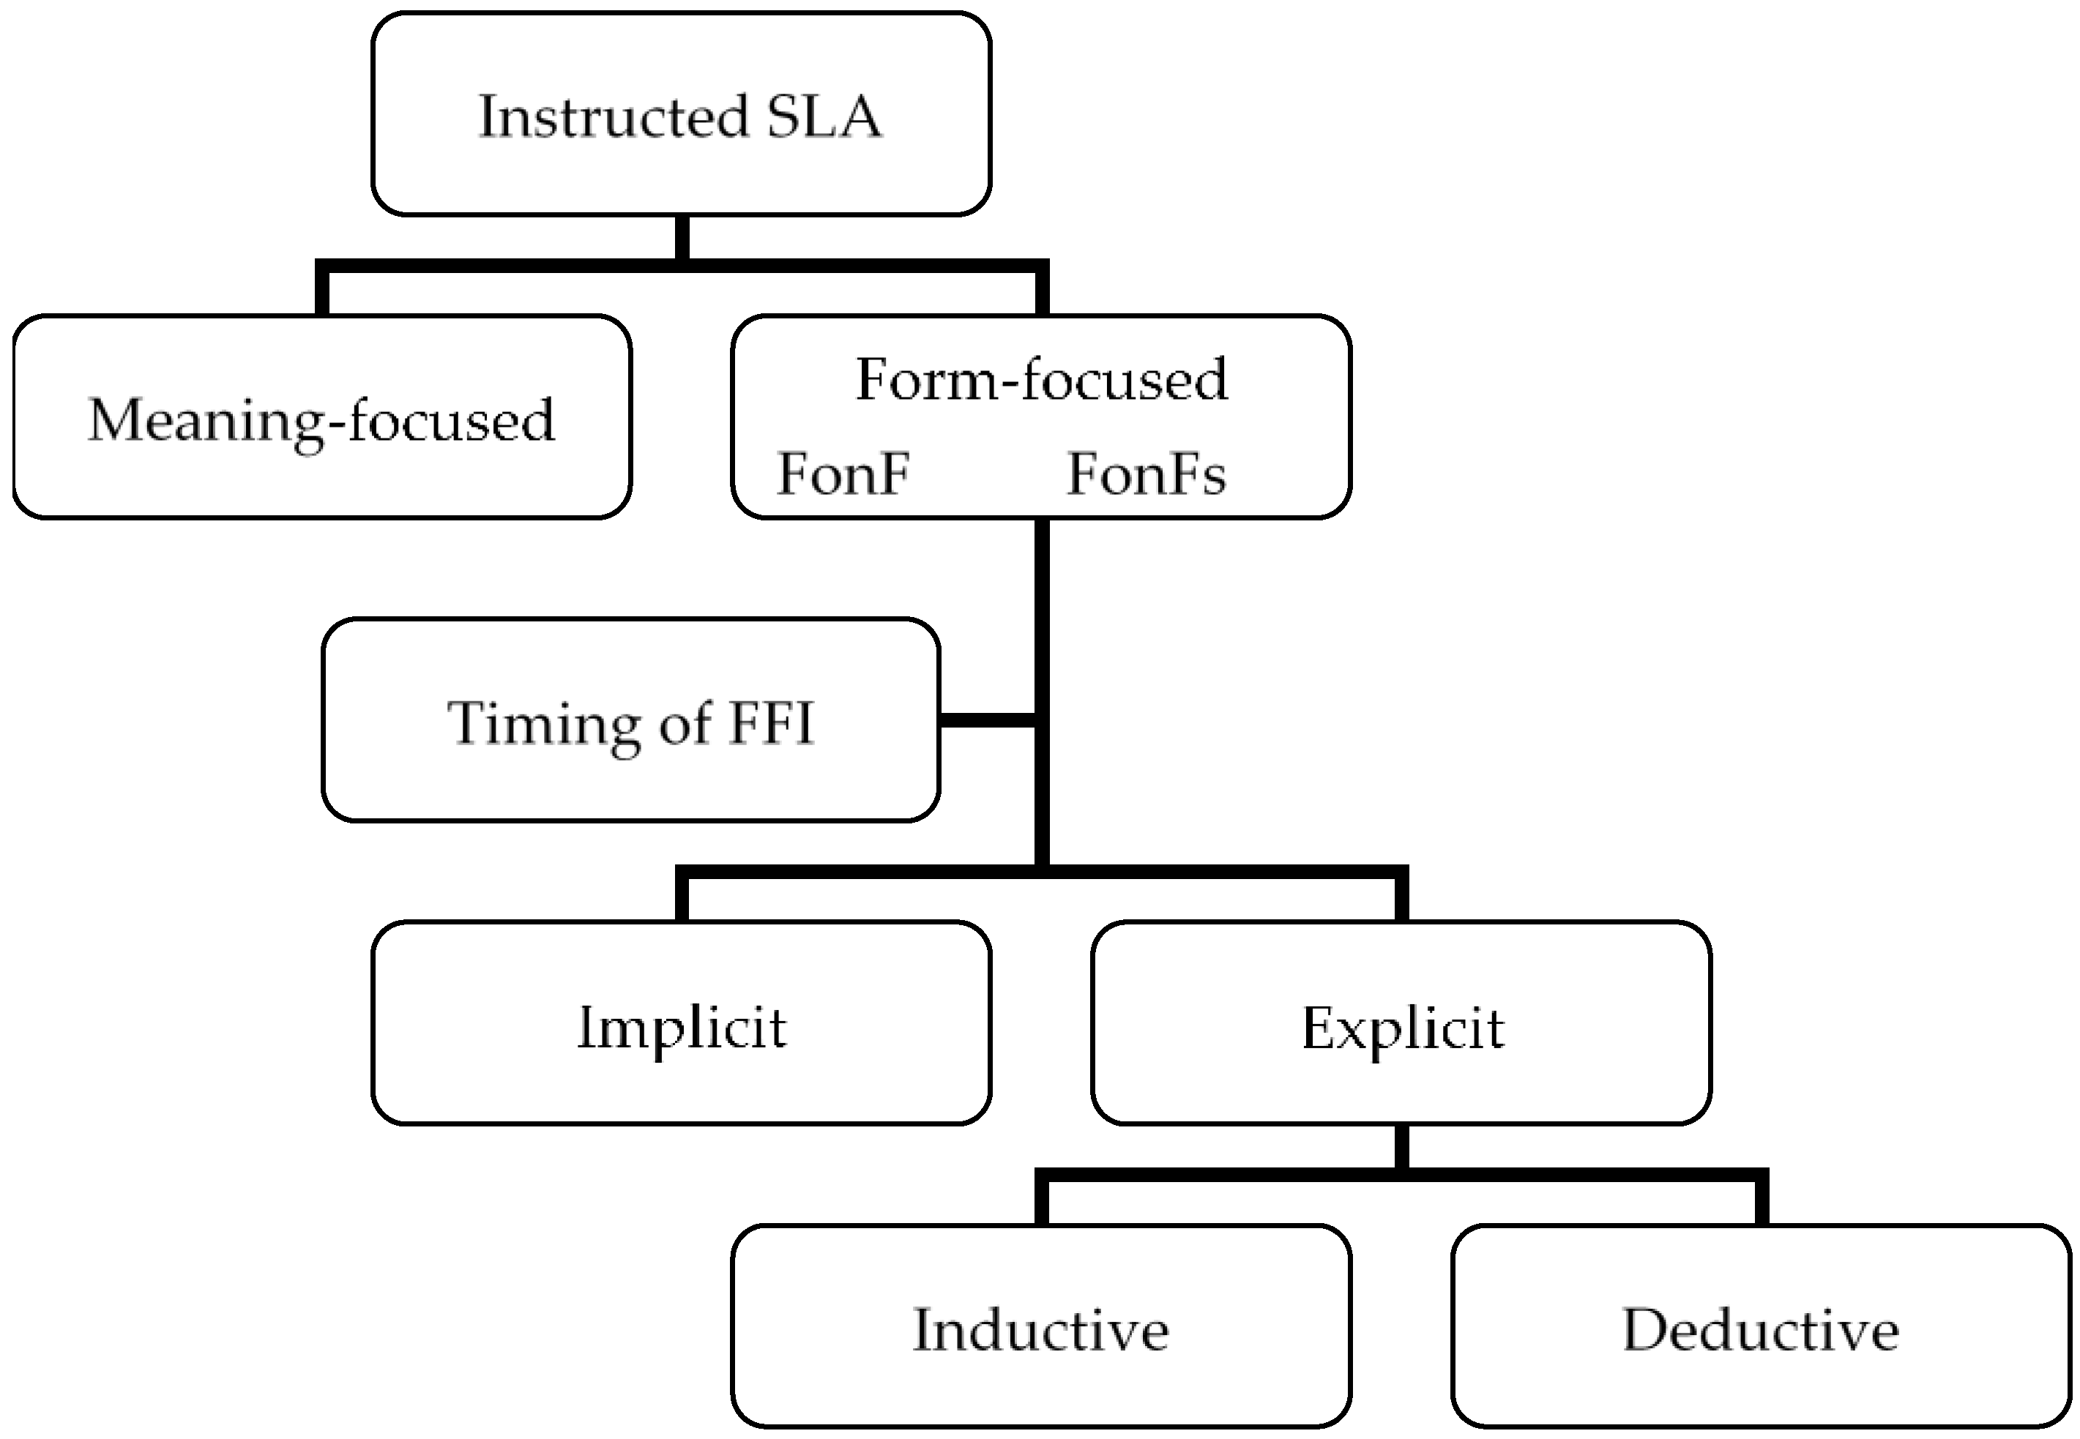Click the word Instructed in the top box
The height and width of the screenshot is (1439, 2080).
(613, 117)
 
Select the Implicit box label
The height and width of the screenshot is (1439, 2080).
(682, 1027)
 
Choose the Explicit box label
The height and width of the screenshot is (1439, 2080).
(1402, 1027)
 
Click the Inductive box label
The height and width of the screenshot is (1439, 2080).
(1040, 1330)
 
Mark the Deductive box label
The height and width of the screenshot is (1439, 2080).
(1760, 1330)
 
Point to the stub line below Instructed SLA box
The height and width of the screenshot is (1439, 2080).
(682, 238)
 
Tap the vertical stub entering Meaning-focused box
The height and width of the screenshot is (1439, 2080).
(321, 291)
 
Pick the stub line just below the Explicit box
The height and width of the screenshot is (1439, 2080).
(1401, 1147)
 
